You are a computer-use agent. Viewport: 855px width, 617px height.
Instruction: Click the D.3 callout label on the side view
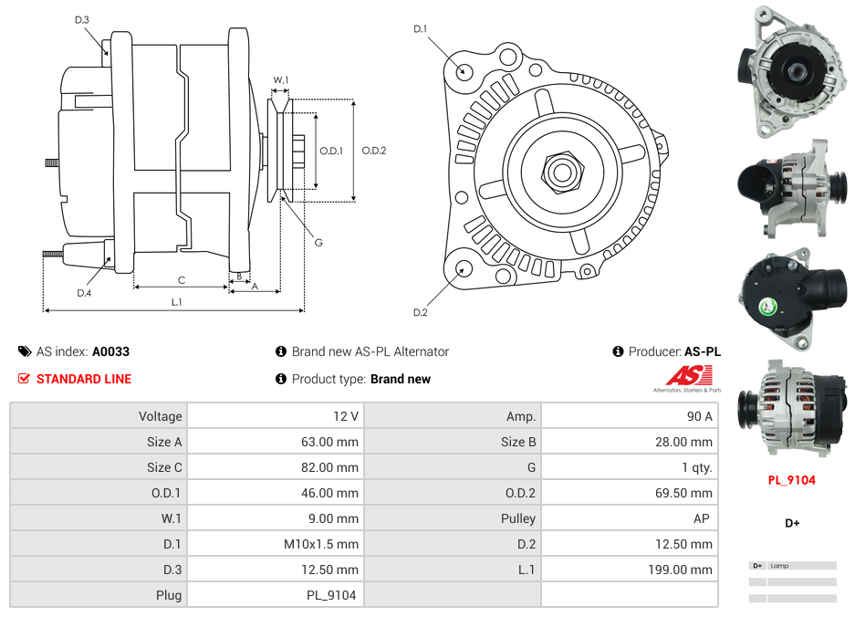click(x=81, y=19)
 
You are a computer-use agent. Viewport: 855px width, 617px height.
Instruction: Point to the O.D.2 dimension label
click(x=374, y=151)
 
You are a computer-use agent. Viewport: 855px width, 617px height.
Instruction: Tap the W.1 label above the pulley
click(x=281, y=80)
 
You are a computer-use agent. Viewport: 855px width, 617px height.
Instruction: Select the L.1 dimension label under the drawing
click(x=177, y=302)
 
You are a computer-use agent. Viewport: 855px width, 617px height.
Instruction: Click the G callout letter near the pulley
click(x=318, y=243)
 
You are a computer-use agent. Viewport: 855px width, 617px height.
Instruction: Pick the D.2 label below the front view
click(x=420, y=313)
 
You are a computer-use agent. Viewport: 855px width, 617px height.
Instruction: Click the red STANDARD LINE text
click(x=84, y=379)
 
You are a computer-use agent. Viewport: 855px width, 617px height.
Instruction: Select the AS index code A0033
click(x=110, y=351)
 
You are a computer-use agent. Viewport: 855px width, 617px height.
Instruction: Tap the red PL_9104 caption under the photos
click(x=791, y=480)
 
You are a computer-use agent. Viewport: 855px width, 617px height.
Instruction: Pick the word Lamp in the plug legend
click(x=779, y=566)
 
